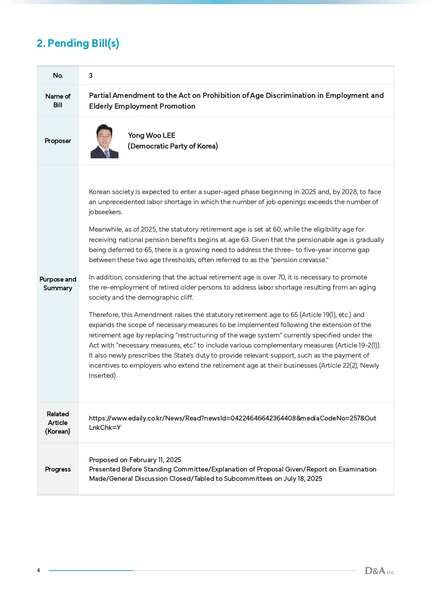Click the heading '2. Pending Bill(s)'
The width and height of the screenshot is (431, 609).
tap(78, 43)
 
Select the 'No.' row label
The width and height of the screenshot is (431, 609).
tap(58, 75)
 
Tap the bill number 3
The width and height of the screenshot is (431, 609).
tap(91, 75)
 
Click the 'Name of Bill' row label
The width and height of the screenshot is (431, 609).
tap(58, 101)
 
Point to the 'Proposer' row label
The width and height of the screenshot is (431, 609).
tap(58, 141)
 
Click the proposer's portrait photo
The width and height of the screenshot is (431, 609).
tap(104, 141)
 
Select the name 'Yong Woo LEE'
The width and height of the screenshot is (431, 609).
tap(151, 135)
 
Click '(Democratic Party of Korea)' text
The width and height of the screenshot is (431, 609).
tap(173, 146)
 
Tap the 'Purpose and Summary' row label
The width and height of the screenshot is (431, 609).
tap(58, 284)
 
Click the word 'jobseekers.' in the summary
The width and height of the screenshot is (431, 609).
tap(106, 212)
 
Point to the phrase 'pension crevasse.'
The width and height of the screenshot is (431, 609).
tap(301, 260)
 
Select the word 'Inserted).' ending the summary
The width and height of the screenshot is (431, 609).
tap(103, 376)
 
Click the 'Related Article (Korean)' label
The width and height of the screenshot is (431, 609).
tap(58, 423)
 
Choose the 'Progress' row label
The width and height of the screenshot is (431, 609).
tap(58, 469)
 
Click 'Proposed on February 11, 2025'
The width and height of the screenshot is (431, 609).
tap(135, 460)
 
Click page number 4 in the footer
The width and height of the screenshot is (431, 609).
tap(39, 570)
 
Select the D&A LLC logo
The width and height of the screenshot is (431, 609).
tap(379, 571)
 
